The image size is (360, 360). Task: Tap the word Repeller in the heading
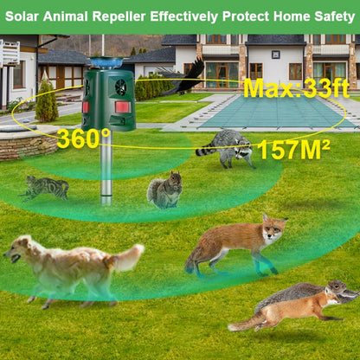tap(123, 16)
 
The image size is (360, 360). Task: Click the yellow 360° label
tap(84, 138)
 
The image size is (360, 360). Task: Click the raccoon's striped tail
tap(207, 151)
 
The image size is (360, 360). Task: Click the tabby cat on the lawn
tap(48, 186)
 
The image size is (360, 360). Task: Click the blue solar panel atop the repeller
tap(107, 62)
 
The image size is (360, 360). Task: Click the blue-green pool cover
tap(268, 111)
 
